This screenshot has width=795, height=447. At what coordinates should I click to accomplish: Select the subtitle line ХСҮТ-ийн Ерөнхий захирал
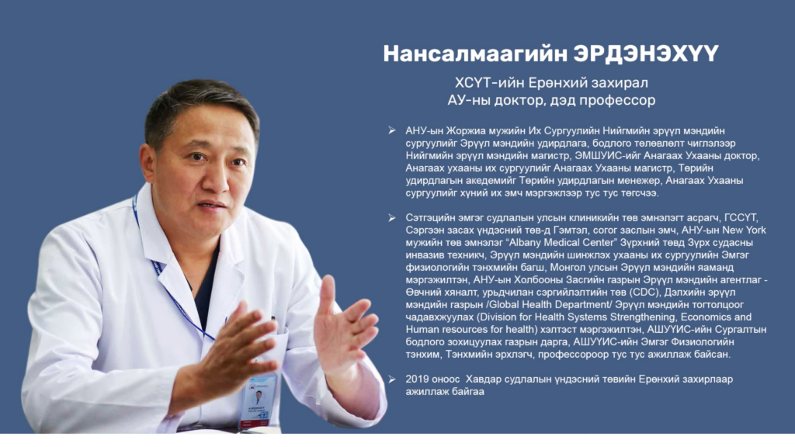(551, 82)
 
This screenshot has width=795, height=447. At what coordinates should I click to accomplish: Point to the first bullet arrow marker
(392, 130)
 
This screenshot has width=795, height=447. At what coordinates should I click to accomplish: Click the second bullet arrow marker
(392, 218)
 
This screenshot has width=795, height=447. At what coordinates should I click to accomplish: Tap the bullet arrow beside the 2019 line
(392, 379)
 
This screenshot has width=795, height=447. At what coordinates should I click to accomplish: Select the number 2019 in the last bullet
(417, 379)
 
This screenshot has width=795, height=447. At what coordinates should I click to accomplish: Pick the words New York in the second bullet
(745, 230)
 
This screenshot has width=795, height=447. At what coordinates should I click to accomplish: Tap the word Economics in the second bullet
(706, 317)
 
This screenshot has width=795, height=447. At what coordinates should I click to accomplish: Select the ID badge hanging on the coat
(259, 400)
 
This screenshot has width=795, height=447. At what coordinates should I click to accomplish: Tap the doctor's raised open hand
(343, 324)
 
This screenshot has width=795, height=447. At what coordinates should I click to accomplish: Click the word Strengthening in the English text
(642, 317)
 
